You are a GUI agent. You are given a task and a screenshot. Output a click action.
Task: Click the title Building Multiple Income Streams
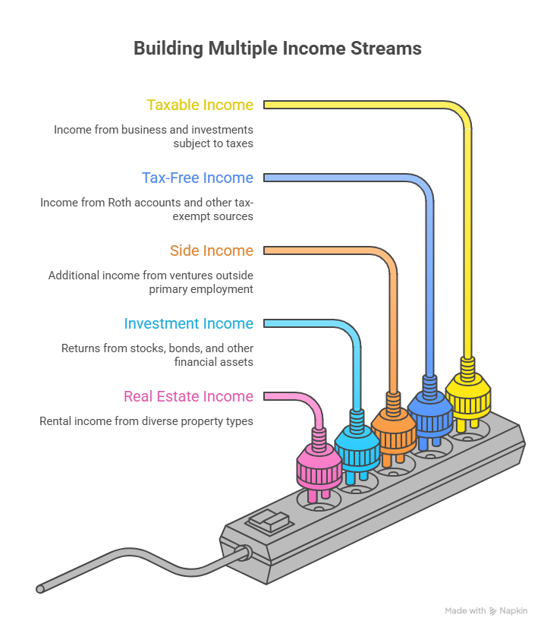[278, 49]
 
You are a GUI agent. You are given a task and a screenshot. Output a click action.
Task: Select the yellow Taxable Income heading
[200, 105]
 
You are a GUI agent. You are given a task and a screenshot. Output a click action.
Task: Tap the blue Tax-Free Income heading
[197, 178]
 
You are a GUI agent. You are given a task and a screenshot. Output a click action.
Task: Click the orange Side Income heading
[211, 250]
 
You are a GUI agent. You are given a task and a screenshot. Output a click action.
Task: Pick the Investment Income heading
[188, 323]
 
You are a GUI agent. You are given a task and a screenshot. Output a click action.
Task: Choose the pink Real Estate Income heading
[188, 396]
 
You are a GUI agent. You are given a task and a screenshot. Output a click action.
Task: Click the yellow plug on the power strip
[466, 395]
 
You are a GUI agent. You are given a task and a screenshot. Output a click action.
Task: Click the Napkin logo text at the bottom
[513, 611]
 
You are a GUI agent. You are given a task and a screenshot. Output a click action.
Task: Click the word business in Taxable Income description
[134, 130]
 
